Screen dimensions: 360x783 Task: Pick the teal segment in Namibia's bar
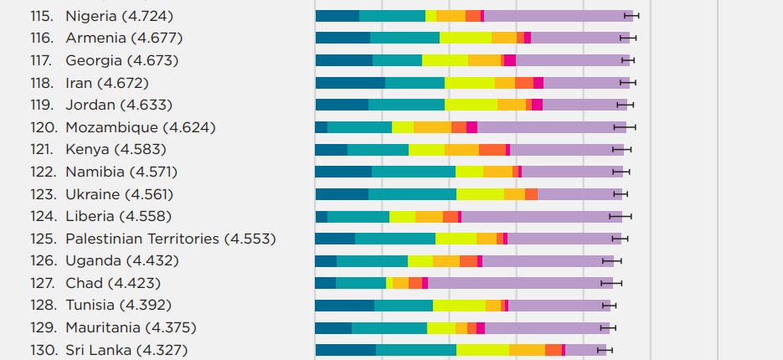(x=414, y=172)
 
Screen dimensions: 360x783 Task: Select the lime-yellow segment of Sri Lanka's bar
(x=482, y=350)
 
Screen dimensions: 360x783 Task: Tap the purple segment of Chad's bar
(x=520, y=283)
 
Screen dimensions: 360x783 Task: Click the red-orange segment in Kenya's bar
(x=492, y=149)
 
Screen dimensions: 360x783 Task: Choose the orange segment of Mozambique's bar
(x=432, y=127)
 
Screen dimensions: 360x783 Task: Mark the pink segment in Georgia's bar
(x=509, y=60)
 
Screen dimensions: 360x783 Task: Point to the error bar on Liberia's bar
(x=621, y=216)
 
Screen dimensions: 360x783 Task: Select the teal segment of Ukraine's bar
(x=412, y=194)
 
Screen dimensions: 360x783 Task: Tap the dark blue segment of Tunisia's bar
(x=344, y=306)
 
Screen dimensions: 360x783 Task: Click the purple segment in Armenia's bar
(x=580, y=38)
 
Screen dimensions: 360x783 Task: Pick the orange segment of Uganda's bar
(x=446, y=261)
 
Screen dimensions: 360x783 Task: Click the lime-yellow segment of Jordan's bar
(x=471, y=105)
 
